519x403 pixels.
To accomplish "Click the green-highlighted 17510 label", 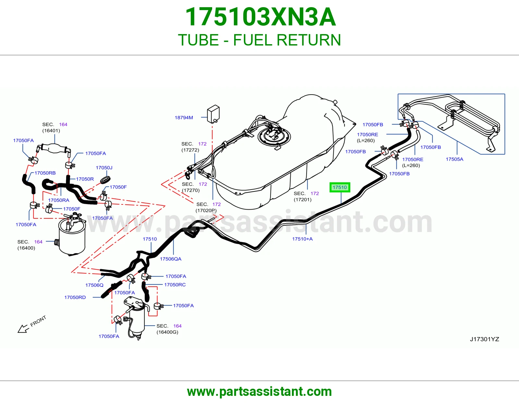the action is (x=340, y=188).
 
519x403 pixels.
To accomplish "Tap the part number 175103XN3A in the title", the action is (x=260, y=17).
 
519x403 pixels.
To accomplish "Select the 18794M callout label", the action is (x=184, y=118).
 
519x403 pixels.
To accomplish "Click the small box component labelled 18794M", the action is (x=213, y=114).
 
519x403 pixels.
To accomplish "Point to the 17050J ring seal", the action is (x=105, y=180).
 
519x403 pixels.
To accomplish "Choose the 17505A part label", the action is (x=454, y=159).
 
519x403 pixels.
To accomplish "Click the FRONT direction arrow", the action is (x=23, y=329).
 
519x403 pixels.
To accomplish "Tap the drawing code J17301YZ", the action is (x=484, y=339).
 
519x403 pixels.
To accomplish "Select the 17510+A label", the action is (x=302, y=239).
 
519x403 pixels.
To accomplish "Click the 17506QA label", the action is (x=171, y=259).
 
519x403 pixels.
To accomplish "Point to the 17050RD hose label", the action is (x=75, y=297).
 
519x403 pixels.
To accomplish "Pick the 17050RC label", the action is (x=175, y=285).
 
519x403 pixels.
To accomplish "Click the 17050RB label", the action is (x=45, y=173).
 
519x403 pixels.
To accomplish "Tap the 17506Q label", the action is (x=94, y=285).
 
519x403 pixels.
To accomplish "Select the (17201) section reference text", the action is (x=303, y=200).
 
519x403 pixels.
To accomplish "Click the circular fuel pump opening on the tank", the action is (x=274, y=136).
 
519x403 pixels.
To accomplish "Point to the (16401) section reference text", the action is (x=51, y=131).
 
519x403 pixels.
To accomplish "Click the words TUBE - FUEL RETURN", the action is (x=259, y=40).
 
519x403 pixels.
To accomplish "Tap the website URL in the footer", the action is (x=259, y=392).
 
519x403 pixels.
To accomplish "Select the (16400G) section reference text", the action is (x=167, y=332).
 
